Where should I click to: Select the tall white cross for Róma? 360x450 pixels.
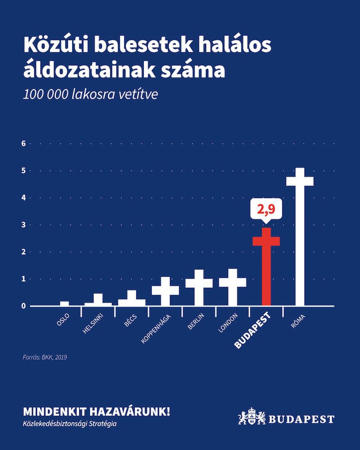(300, 237)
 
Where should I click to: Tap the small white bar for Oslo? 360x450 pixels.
(64, 304)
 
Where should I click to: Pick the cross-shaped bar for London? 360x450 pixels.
(233, 287)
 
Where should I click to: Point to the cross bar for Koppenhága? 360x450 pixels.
(165, 291)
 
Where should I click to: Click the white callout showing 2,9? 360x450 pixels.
(266, 209)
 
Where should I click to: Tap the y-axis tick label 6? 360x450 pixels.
(23, 144)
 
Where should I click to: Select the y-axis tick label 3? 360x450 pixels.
(23, 225)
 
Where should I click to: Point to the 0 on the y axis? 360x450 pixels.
(23, 306)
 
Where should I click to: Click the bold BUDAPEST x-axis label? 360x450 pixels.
(252, 331)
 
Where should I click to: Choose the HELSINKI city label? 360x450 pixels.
(92, 324)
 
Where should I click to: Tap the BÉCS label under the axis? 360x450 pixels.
(130, 320)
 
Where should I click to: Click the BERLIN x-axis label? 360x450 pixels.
(196, 321)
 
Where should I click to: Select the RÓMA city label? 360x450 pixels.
(298, 321)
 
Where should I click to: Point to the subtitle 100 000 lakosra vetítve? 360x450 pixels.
(90, 94)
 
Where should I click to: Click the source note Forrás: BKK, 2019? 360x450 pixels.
(45, 357)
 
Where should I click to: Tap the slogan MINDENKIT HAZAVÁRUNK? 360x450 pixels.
(96, 412)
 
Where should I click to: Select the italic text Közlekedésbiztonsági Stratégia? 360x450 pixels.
(70, 424)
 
